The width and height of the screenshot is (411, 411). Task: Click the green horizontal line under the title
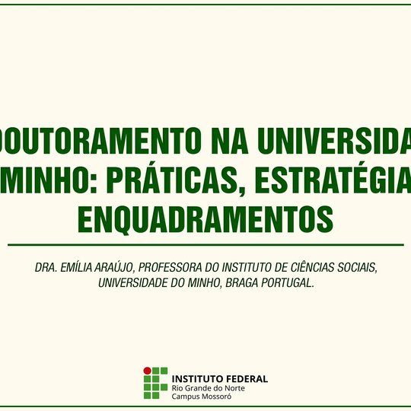click(x=205, y=245)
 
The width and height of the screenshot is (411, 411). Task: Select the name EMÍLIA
click(x=81, y=269)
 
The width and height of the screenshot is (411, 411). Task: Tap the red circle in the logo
click(x=148, y=371)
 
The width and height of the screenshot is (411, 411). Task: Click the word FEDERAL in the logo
click(x=245, y=378)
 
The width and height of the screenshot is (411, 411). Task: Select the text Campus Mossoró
click(x=202, y=397)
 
